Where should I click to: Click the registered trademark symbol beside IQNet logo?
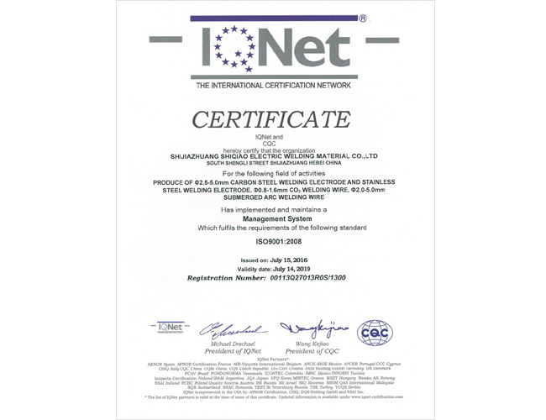[x=362, y=18]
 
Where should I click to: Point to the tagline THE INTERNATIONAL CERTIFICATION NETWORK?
[x=272, y=86]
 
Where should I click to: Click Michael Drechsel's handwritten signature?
[x=234, y=328]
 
